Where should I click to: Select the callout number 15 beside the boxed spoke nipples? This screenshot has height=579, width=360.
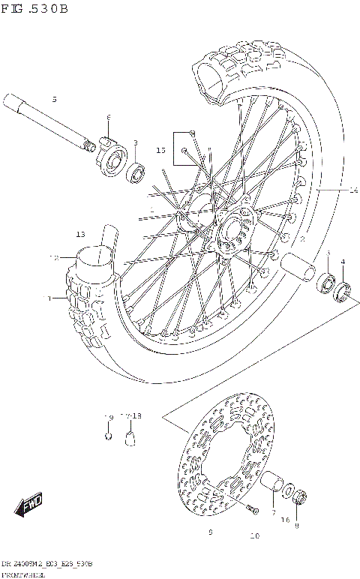tap(160, 151)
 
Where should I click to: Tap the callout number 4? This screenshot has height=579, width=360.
tap(343, 262)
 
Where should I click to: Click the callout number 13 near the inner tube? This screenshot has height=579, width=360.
tap(80, 234)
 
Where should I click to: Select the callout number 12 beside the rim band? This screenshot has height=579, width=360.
tap(53, 257)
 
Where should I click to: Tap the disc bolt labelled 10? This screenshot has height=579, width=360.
tap(250, 511)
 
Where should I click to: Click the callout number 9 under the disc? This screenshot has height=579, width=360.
tap(211, 532)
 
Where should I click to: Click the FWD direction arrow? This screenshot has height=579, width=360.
tap(31, 505)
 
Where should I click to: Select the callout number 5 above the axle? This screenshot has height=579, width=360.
tap(54, 99)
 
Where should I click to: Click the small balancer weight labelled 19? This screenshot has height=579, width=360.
tap(109, 435)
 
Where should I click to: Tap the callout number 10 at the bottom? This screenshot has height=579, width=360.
tap(254, 536)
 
